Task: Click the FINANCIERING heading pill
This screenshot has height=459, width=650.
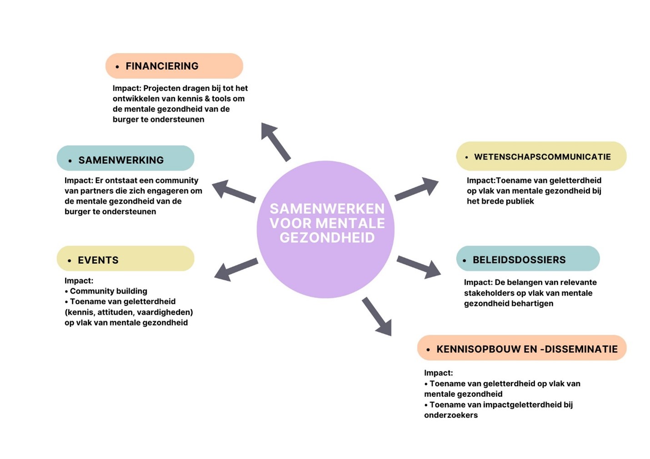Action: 174,66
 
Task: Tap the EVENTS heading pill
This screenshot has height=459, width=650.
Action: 125,259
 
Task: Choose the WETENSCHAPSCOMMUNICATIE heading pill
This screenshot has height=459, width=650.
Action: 541,156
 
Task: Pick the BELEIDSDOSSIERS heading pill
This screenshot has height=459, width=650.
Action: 528,259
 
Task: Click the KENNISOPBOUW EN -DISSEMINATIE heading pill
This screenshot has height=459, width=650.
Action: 521,348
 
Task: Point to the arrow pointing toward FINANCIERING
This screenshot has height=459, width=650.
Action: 275,141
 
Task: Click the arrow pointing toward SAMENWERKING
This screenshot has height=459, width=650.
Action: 234,191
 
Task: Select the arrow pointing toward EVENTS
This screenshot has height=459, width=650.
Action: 235,269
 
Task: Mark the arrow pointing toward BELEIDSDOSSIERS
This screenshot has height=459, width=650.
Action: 419,267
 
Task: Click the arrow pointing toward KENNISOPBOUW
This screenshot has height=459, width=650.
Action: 377,317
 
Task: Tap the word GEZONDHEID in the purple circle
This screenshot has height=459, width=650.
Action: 327,238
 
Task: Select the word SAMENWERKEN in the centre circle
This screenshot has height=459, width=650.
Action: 327,209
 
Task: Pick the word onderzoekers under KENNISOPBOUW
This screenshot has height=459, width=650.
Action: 450,415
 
